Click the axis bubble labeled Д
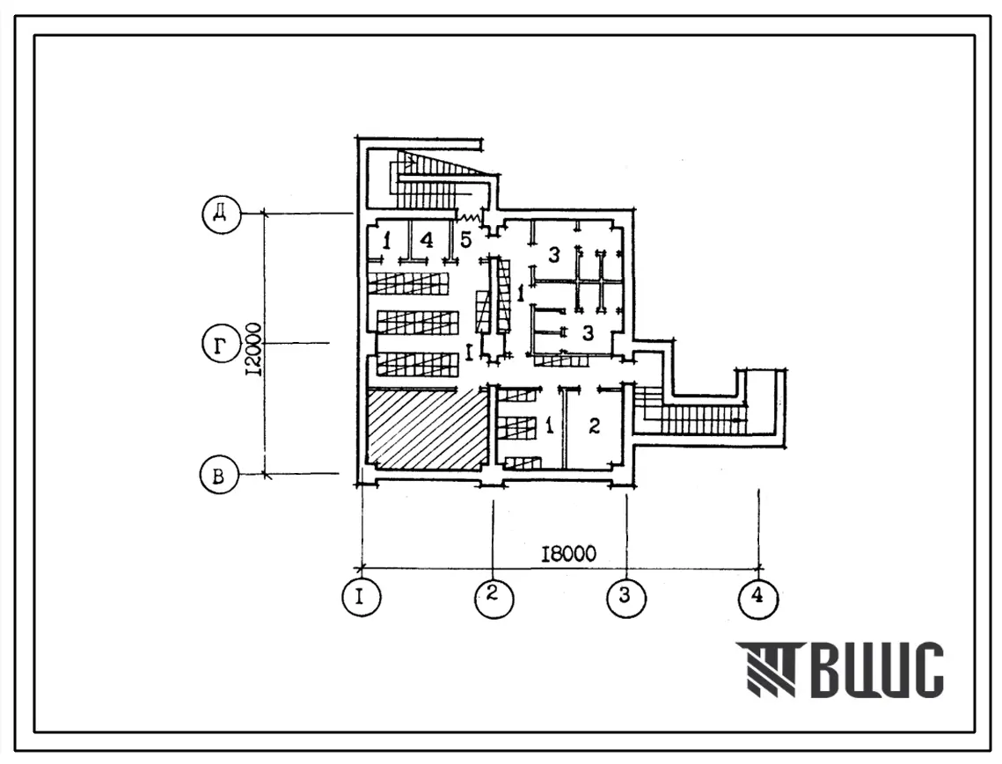pos(221,214)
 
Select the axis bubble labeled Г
pos(221,345)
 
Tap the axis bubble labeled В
pos(218,476)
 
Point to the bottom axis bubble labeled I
pos(361,597)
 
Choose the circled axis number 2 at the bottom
pos(494,598)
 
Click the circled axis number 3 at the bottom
pos(625,597)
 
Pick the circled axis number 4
pos(758,598)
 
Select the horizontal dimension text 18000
pos(568,553)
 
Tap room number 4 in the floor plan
pos(427,240)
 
